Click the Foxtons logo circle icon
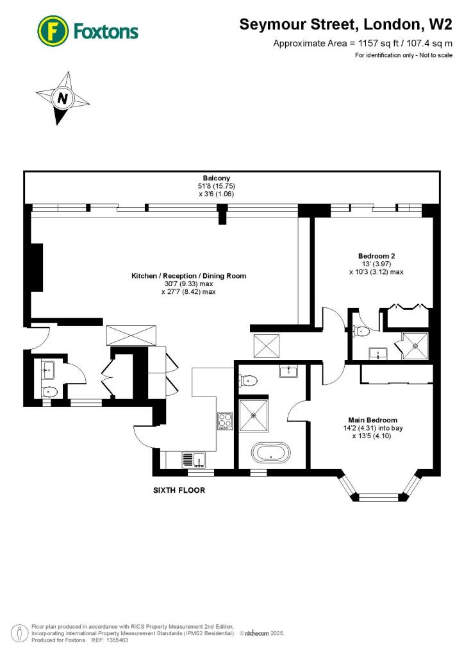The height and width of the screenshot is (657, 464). pyautogui.click(x=53, y=30)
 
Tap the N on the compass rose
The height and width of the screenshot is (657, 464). pyautogui.click(x=62, y=99)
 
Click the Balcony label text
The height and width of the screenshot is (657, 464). pyautogui.click(x=216, y=178)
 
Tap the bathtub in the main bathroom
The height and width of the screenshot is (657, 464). pyautogui.click(x=270, y=453)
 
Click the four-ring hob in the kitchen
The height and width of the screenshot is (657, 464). pyautogui.click(x=225, y=421)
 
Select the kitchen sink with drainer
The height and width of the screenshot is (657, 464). pyautogui.click(x=194, y=459)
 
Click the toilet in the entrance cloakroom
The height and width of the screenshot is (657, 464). pyautogui.click(x=49, y=391)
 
